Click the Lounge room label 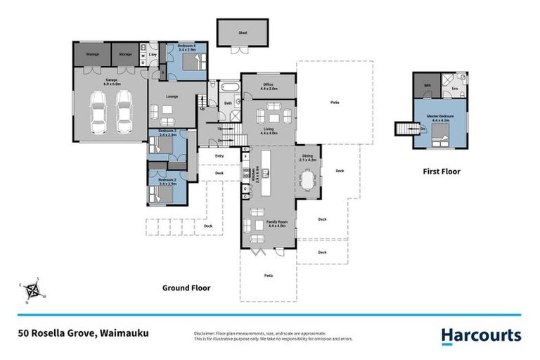(x=171, y=96)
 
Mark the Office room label (x=269, y=86)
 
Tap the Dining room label (x=308, y=157)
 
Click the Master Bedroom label (x=441, y=117)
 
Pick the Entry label (x=219, y=156)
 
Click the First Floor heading (x=441, y=171)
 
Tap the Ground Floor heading (x=186, y=288)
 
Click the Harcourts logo (x=482, y=335)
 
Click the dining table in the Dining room (x=308, y=181)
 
